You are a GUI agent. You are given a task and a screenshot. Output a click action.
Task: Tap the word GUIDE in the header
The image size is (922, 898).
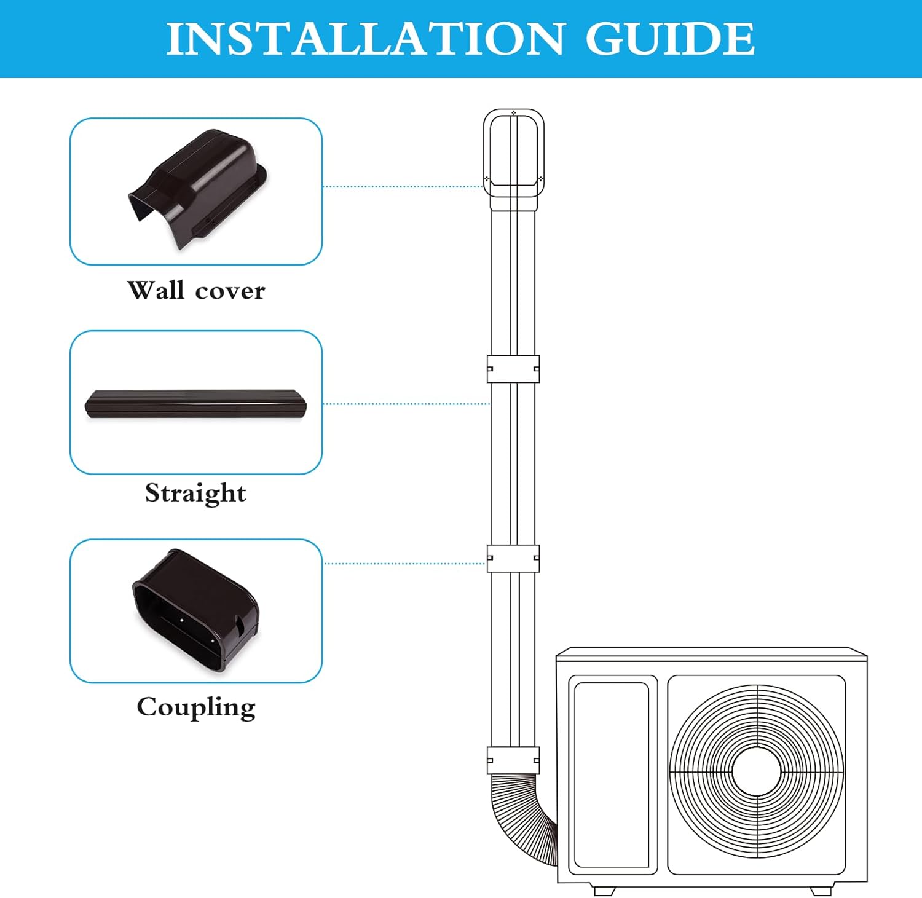coord(669,39)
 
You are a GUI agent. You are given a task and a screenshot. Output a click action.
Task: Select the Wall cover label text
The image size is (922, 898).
coord(195,290)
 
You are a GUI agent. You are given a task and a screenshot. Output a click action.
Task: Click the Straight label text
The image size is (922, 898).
coord(195,493)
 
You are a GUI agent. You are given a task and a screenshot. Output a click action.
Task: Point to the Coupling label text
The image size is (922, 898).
coord(195,707)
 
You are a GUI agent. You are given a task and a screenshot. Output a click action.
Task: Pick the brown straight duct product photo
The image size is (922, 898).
coord(195,403)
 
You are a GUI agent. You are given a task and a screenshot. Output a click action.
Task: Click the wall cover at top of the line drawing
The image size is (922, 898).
coord(513,154)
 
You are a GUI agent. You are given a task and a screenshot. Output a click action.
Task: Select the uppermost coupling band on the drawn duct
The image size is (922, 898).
coord(513,369)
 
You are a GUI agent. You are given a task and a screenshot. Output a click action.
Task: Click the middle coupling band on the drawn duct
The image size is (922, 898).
coord(513,558)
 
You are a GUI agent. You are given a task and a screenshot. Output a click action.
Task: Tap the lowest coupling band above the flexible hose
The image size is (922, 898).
coord(513,760)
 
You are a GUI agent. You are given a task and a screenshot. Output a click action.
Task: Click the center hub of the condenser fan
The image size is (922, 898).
coord(757,771)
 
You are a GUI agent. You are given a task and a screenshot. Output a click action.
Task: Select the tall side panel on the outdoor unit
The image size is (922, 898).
coord(612,774)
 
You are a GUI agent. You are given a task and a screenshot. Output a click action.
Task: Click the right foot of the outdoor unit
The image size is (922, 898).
coord(821,890)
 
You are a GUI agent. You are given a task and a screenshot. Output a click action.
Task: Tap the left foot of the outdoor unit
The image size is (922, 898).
coord(604,890)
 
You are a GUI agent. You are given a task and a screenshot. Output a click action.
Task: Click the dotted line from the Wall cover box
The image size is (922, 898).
coord(403,186)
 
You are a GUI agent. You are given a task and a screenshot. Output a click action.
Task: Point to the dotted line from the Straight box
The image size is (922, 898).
coord(406,404)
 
